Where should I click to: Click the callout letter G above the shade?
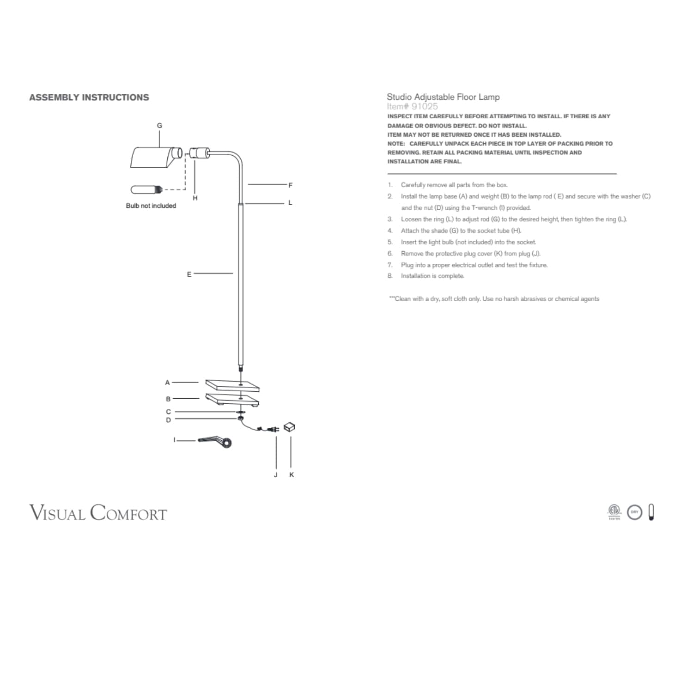[x=160, y=125]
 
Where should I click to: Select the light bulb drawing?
[x=146, y=189]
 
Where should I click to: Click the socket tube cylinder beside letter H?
[x=199, y=152]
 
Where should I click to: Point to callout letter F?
[x=290, y=185]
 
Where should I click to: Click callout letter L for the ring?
[x=290, y=203]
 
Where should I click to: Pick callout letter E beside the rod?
[x=189, y=274]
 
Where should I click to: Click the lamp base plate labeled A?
[x=232, y=384]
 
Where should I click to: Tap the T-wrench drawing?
[x=215, y=442]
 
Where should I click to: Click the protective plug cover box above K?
[x=289, y=427]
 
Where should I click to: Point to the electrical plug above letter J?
[x=274, y=430]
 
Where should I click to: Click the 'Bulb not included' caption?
[x=151, y=206]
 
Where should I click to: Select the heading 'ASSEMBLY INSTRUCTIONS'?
[x=89, y=97]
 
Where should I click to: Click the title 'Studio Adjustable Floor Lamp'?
[x=443, y=97]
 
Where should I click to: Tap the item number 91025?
[x=425, y=106]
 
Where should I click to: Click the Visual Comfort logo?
[x=98, y=513]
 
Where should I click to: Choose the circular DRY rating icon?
[x=635, y=512]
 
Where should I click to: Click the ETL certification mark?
[x=614, y=511]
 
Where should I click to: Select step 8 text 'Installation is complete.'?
[x=432, y=276]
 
